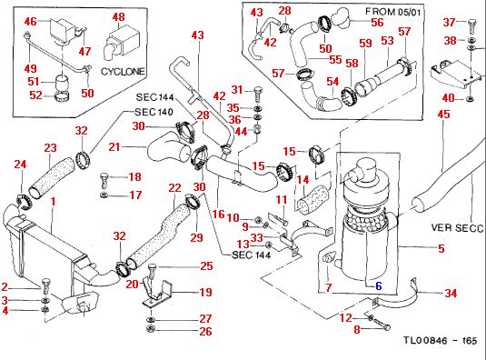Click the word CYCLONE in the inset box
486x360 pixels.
123,71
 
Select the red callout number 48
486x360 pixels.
119,16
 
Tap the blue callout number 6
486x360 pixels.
379,285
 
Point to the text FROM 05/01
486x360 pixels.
392,12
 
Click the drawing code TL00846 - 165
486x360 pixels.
441,341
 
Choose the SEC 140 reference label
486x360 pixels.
154,112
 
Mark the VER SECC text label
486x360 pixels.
457,228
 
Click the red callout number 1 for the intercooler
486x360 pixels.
54,202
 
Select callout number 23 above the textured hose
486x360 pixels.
50,148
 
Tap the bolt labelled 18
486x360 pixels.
104,181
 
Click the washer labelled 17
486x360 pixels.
104,195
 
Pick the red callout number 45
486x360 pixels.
443,115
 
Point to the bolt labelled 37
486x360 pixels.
471,26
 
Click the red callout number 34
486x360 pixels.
451,293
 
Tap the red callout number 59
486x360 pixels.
365,43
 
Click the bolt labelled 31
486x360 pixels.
258,93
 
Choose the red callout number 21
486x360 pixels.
114,146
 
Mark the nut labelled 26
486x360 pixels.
150,329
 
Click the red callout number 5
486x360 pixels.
441,248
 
